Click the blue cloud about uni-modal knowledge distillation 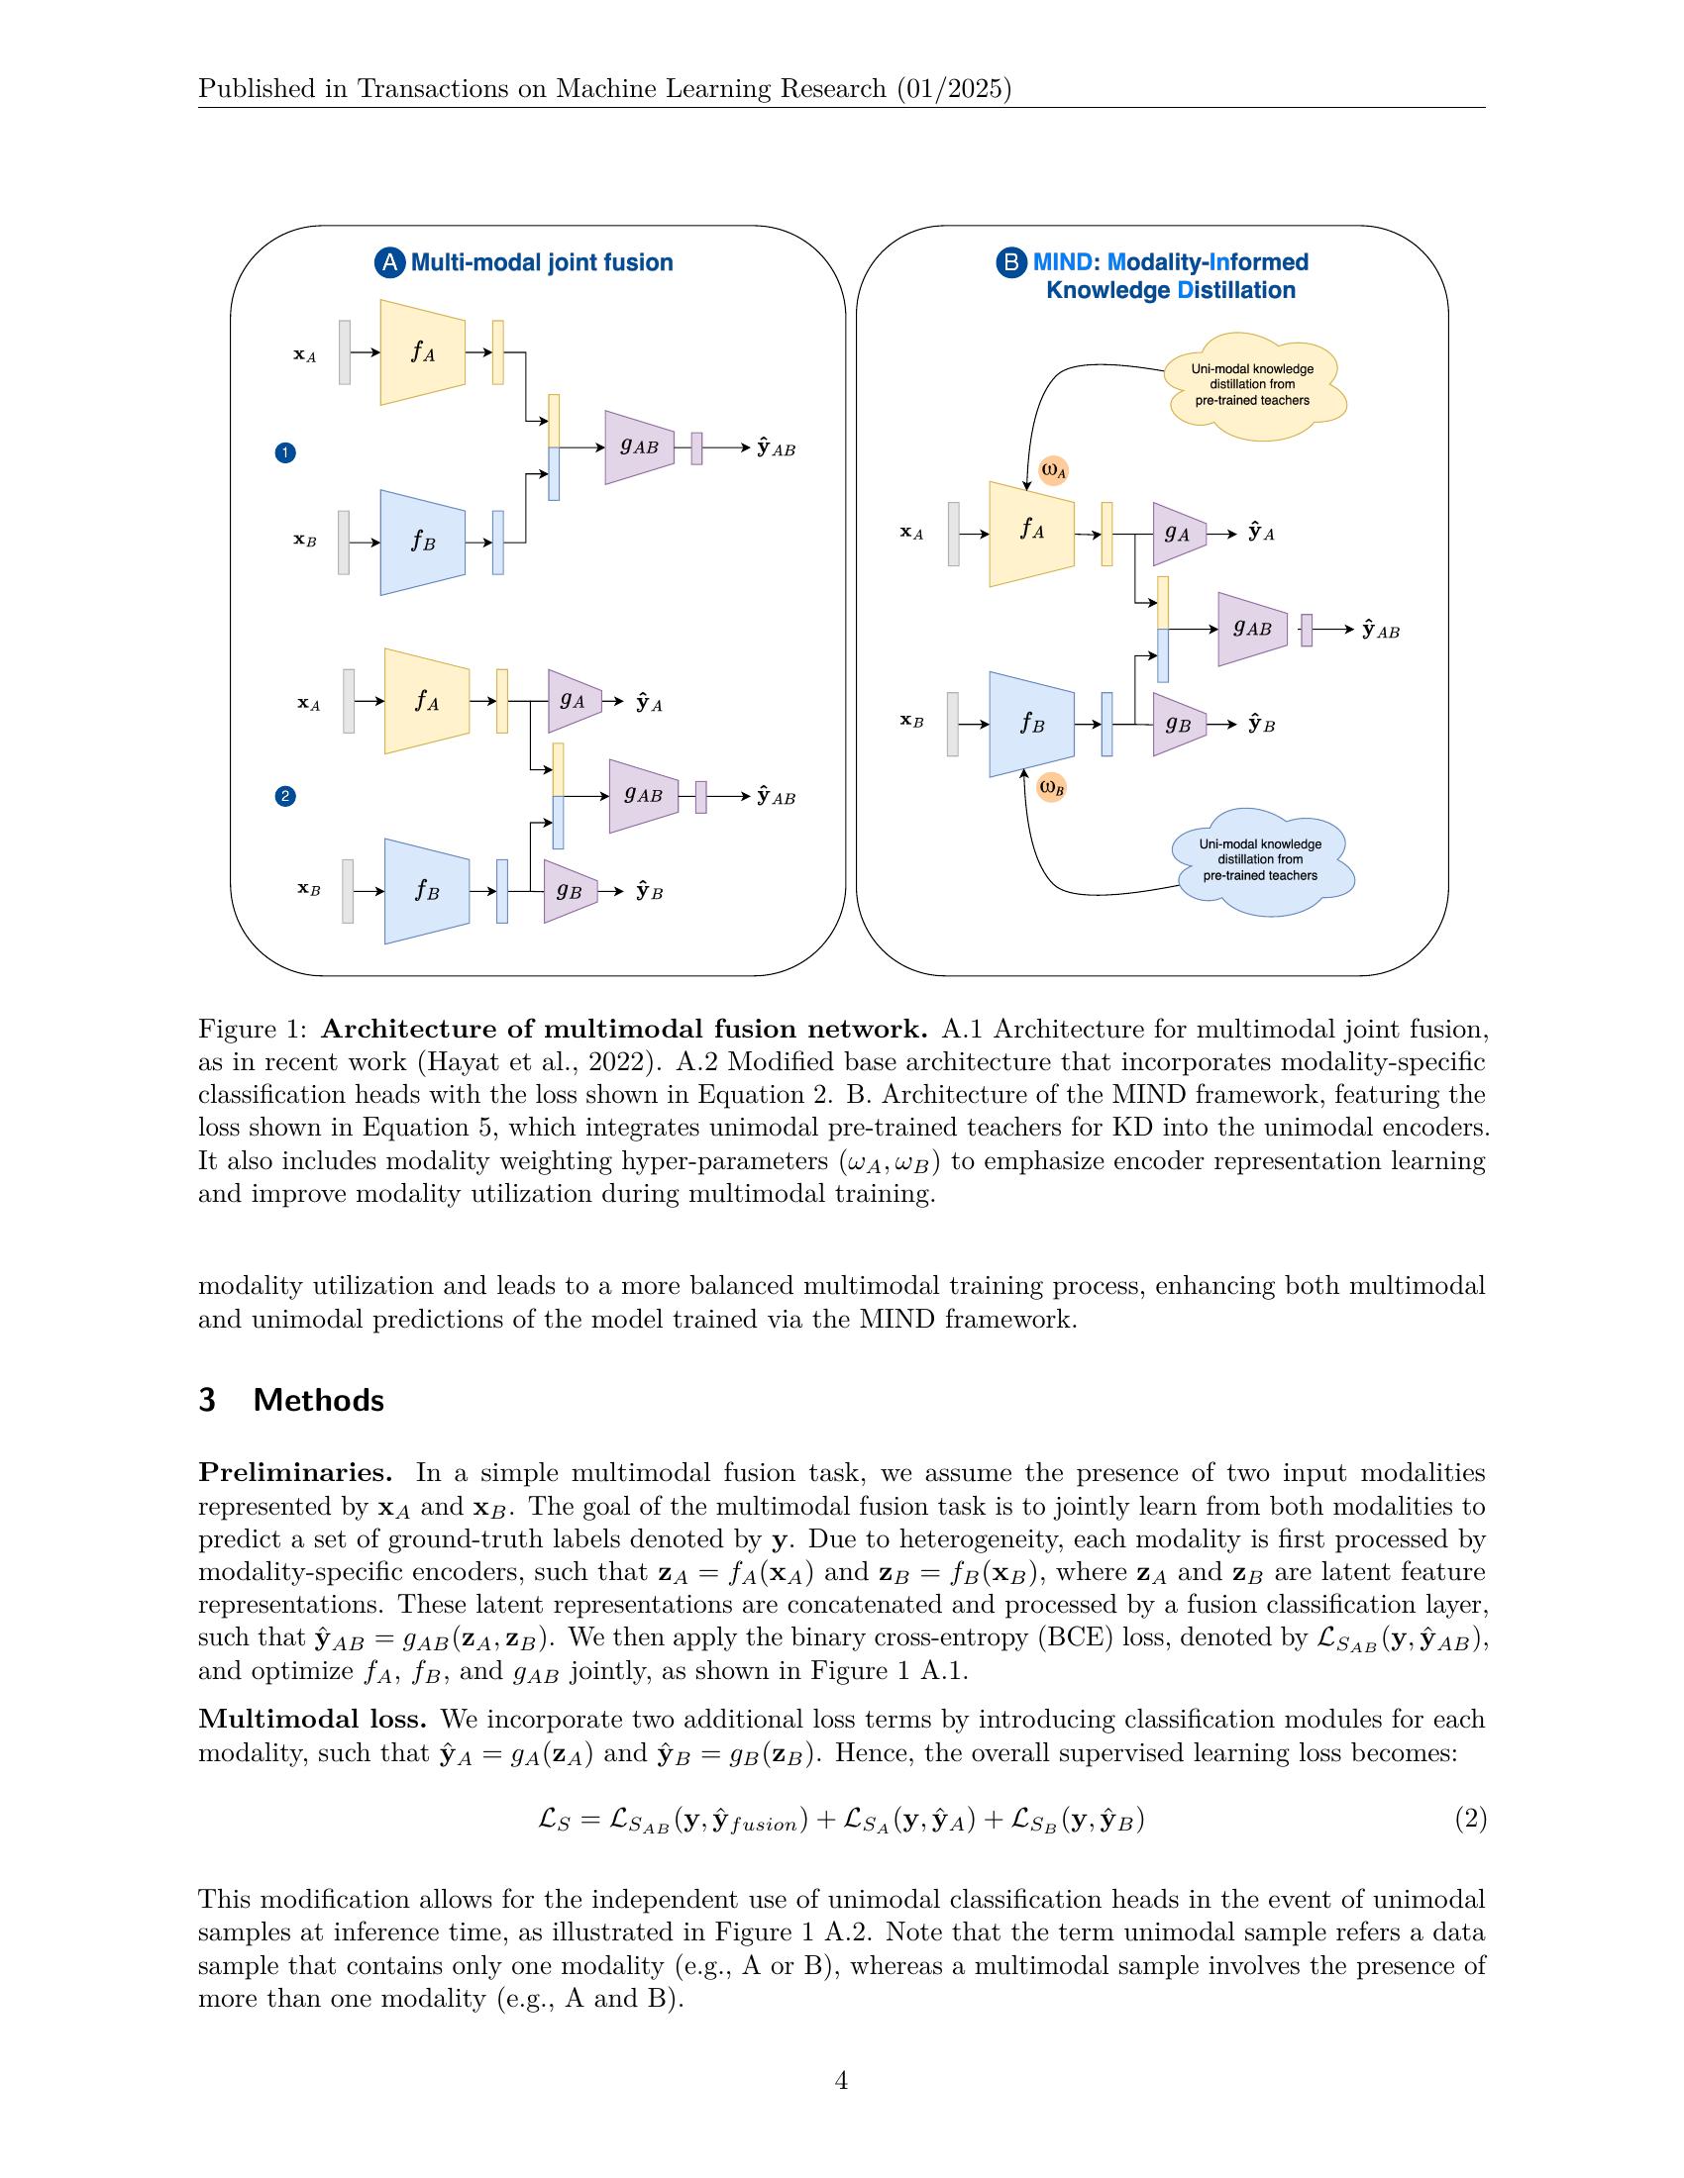tap(1261, 860)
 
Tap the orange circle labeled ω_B tap(1051, 788)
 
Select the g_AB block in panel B tap(1252, 630)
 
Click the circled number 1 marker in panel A tap(285, 453)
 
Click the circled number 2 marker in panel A tap(285, 796)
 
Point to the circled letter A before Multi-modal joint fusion tap(389, 263)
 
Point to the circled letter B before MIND tap(1010, 263)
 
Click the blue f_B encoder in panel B tap(1031, 725)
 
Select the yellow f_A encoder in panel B tap(1031, 534)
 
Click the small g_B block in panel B tap(1178, 725)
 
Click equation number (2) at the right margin tap(1469, 1819)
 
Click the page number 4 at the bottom tap(841, 2080)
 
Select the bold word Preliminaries tap(294, 1473)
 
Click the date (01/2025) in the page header tap(953, 90)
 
